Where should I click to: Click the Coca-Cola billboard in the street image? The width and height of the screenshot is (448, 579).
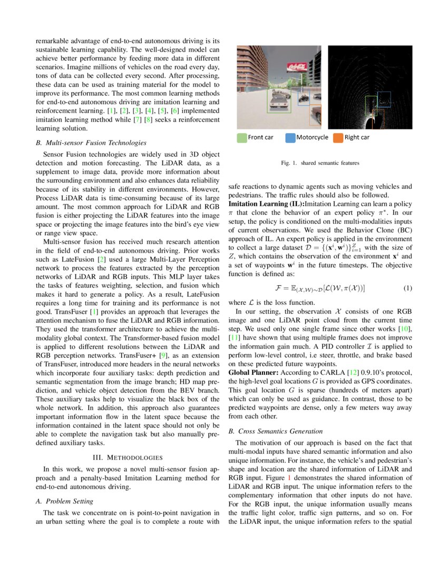(296, 67)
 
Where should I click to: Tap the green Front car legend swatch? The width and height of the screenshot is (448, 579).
(241, 137)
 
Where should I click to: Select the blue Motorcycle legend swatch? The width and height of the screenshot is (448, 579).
(290, 137)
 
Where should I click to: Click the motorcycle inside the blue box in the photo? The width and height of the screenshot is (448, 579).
(304, 97)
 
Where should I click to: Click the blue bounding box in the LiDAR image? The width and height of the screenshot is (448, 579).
(384, 98)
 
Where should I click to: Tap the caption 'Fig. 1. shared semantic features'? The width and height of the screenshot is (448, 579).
(320, 163)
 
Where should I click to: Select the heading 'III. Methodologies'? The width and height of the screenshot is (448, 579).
(127, 456)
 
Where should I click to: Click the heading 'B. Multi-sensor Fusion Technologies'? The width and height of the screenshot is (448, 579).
(91, 143)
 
